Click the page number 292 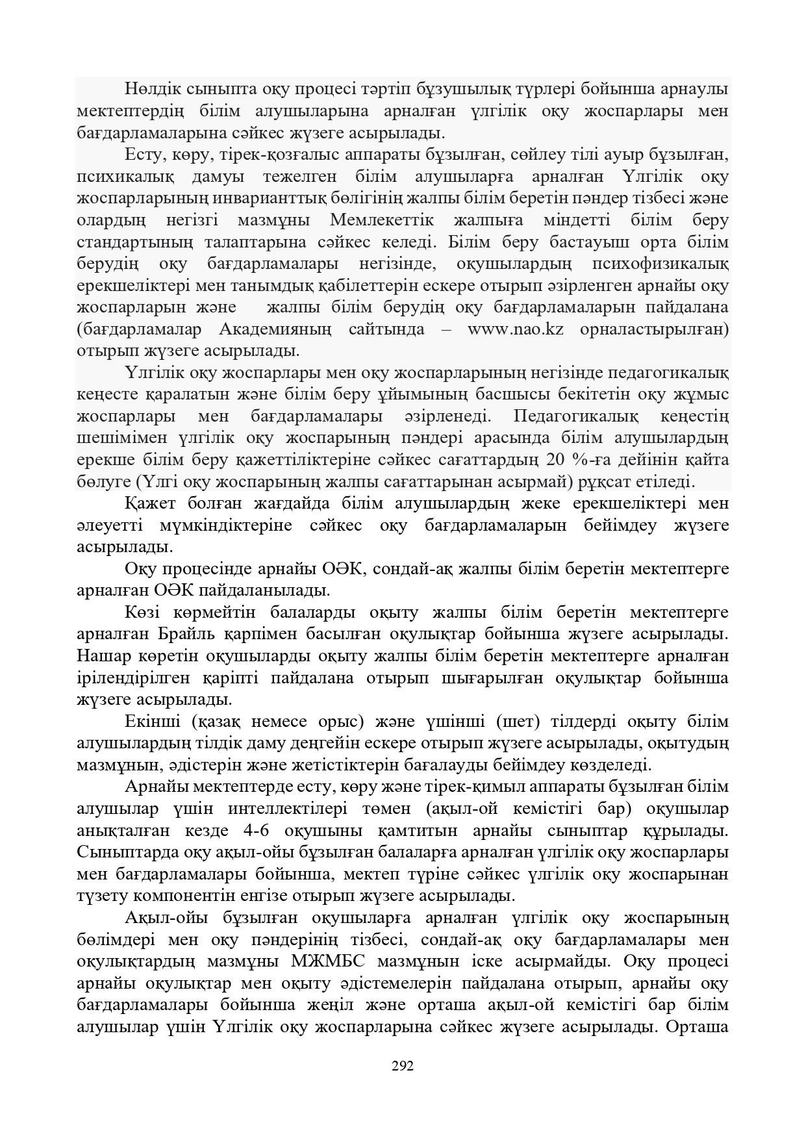point(403,1065)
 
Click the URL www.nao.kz point(515,329)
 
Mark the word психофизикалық point(661,264)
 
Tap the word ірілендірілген point(133,678)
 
